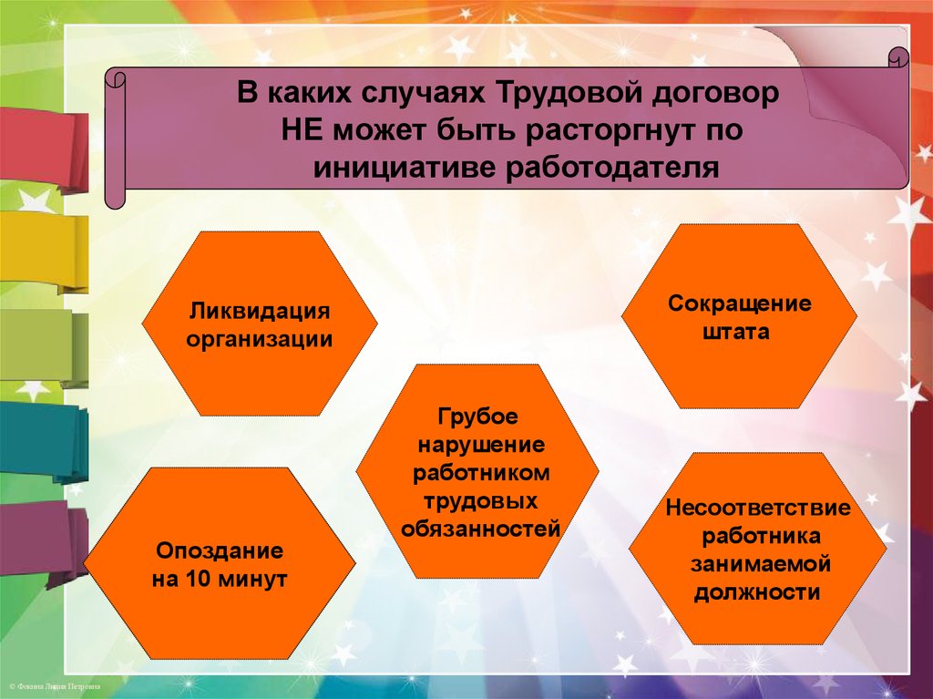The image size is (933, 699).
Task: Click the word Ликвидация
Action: click(260, 312)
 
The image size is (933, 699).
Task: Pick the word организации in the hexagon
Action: click(260, 339)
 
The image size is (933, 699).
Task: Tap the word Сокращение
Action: click(739, 304)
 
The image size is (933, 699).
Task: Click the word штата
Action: click(736, 332)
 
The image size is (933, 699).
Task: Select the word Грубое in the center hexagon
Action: click(477, 416)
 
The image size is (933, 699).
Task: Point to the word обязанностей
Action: click(481, 529)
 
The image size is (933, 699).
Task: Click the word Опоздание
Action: click(220, 550)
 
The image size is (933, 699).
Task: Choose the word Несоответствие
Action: click(757, 508)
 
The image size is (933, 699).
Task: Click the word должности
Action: click(757, 593)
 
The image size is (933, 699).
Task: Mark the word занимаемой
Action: click(760, 564)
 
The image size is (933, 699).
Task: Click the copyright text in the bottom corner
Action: click(55, 686)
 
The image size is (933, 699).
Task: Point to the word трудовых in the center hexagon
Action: click(480, 501)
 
